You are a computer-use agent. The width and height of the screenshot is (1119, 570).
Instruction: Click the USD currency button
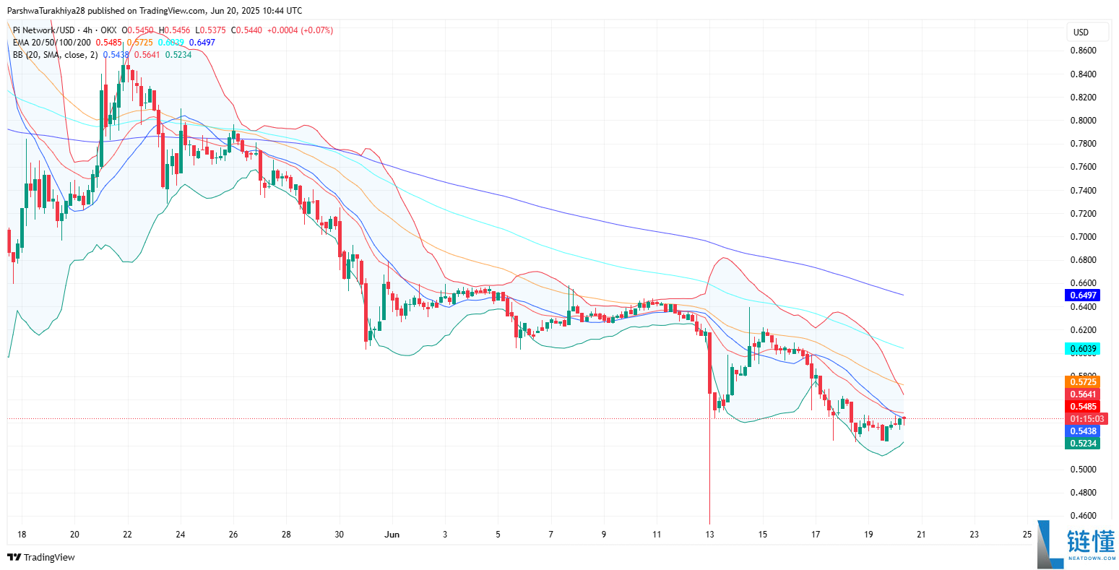pos(1081,32)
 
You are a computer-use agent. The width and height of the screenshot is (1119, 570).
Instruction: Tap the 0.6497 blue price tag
pos(1082,295)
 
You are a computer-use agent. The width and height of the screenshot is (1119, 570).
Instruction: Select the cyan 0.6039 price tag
pos(1082,349)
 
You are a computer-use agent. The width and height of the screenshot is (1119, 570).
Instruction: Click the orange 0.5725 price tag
pos(1082,382)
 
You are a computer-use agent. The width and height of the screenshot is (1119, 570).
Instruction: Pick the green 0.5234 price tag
pos(1082,444)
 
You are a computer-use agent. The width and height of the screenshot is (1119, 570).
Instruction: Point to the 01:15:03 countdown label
pos(1086,419)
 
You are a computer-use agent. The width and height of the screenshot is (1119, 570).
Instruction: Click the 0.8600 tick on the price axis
pos(1082,51)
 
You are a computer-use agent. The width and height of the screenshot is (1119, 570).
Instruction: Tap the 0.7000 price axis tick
pos(1082,237)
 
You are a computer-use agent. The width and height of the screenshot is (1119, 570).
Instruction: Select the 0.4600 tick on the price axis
pos(1082,516)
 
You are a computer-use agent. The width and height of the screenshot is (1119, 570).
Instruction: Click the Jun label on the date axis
pos(392,535)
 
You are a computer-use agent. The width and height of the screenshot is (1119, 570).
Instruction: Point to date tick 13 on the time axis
pos(710,535)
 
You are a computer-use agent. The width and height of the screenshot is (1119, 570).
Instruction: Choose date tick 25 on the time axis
pos(1027,535)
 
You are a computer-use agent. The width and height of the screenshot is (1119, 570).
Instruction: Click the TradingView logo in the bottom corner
pos(41,557)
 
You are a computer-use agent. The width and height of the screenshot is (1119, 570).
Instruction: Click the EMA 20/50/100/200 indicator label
pos(51,43)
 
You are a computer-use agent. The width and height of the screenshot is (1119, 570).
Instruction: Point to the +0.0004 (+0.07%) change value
pos(300,30)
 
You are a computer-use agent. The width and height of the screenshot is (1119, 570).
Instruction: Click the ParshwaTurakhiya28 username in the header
pos(51,11)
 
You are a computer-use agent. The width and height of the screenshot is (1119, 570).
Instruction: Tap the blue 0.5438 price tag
pos(1082,431)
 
